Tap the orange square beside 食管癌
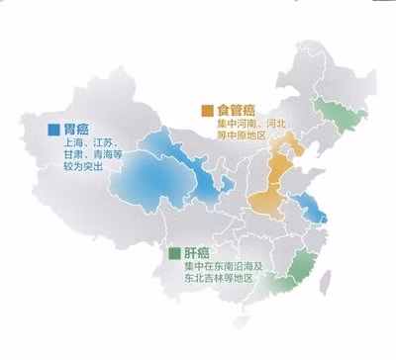click(208, 109)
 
